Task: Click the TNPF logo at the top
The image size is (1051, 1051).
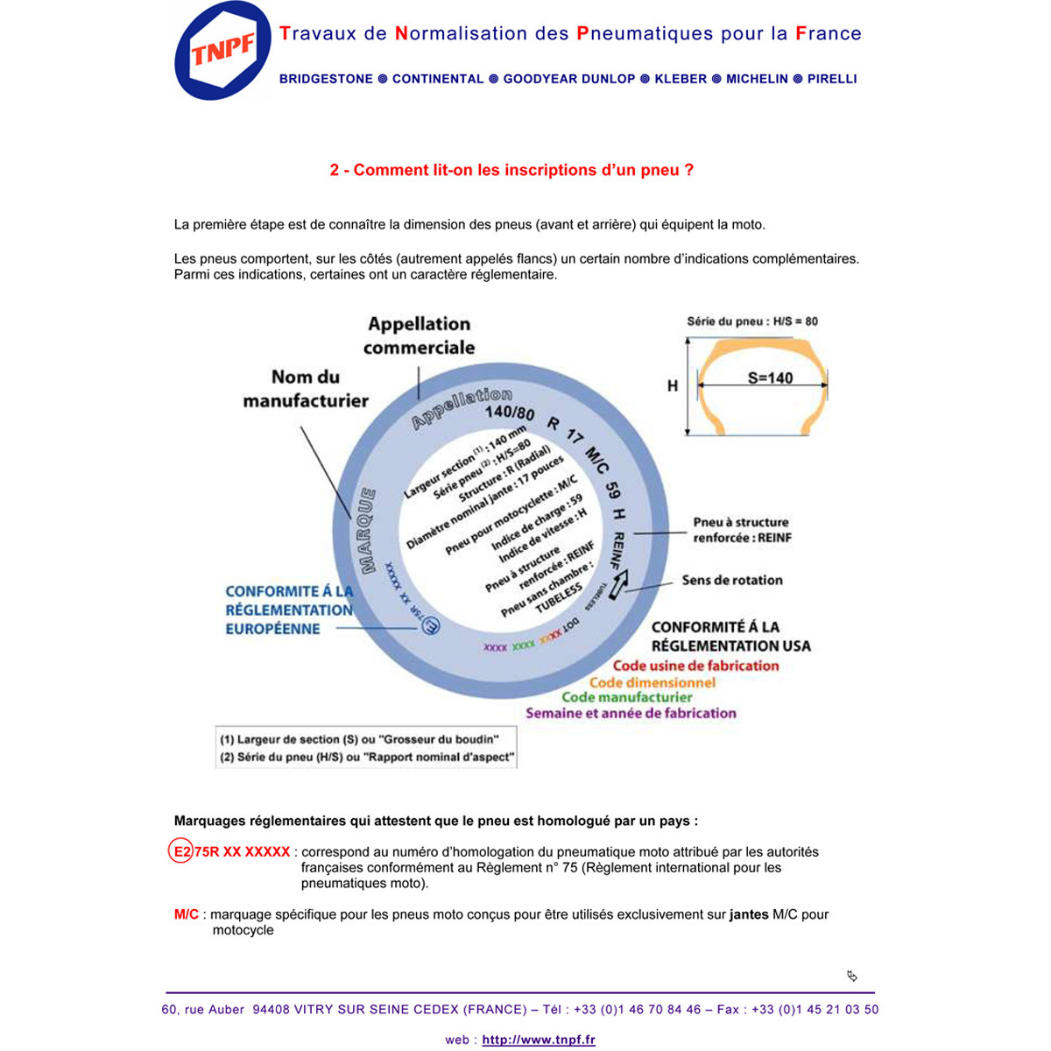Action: (222, 52)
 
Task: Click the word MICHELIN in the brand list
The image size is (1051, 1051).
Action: (757, 79)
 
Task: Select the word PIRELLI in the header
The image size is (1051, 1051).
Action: (832, 79)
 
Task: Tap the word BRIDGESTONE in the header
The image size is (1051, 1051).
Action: (326, 79)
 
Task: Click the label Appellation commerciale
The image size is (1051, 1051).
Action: (419, 335)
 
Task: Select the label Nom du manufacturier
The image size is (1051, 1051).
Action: (305, 388)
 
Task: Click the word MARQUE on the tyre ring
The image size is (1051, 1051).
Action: (364, 531)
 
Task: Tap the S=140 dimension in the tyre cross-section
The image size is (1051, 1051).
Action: (770, 378)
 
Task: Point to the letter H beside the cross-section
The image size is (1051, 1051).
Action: (673, 385)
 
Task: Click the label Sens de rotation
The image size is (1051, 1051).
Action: (732, 580)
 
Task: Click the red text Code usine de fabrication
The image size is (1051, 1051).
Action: (695, 666)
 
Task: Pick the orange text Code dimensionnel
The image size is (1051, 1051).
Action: (652, 682)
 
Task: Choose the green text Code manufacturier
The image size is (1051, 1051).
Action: (626, 697)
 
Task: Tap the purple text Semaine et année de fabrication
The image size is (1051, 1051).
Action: (631, 713)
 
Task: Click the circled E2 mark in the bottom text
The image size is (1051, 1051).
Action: (180, 851)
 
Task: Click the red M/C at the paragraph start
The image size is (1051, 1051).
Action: (187, 914)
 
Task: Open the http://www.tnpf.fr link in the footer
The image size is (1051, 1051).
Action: (539, 1040)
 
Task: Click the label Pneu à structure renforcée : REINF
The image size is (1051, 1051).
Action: (741, 530)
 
